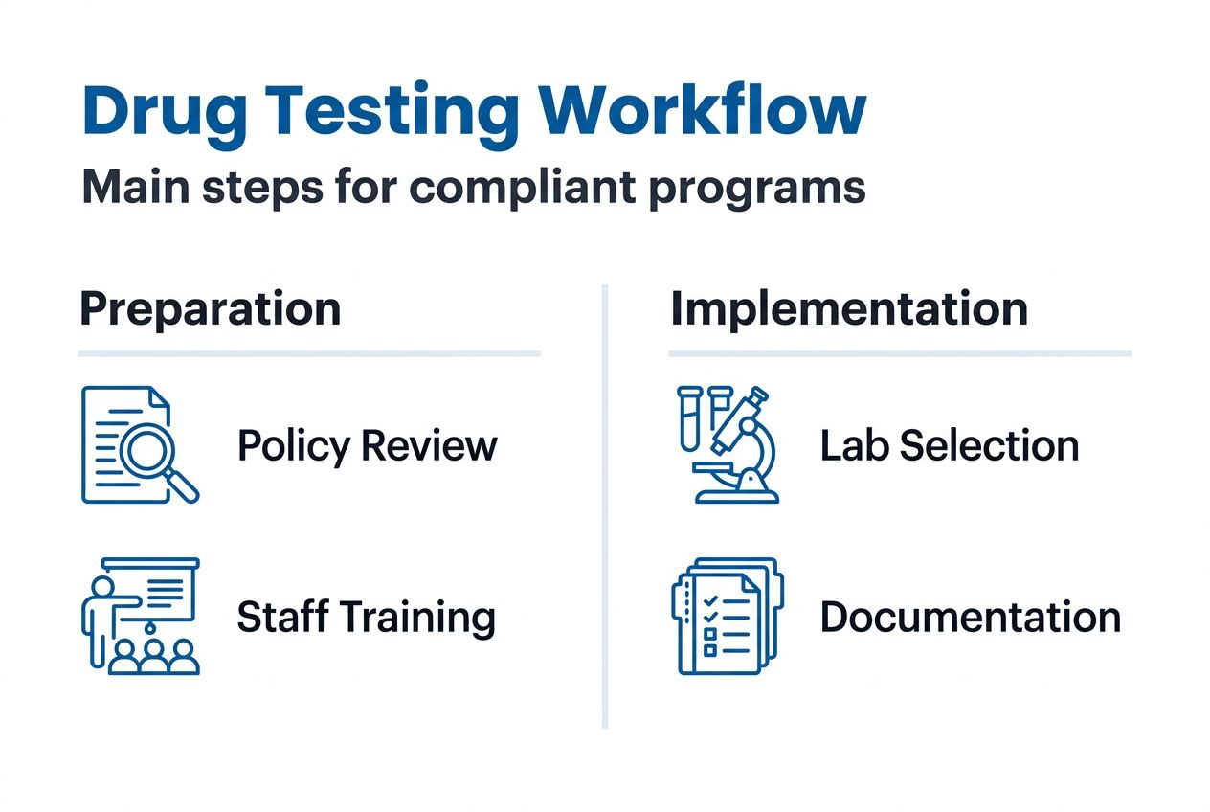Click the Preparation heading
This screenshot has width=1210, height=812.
pos(210,309)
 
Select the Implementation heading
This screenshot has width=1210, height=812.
pos(848,309)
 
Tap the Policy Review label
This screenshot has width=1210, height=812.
pos(367,446)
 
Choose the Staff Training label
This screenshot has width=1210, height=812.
pos(366,617)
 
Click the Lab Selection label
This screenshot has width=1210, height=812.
pos(950,446)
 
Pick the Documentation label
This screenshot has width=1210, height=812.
pos(970,617)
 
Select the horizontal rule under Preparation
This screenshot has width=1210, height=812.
pos(309,354)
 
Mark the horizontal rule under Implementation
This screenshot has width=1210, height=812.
pos(900,354)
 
